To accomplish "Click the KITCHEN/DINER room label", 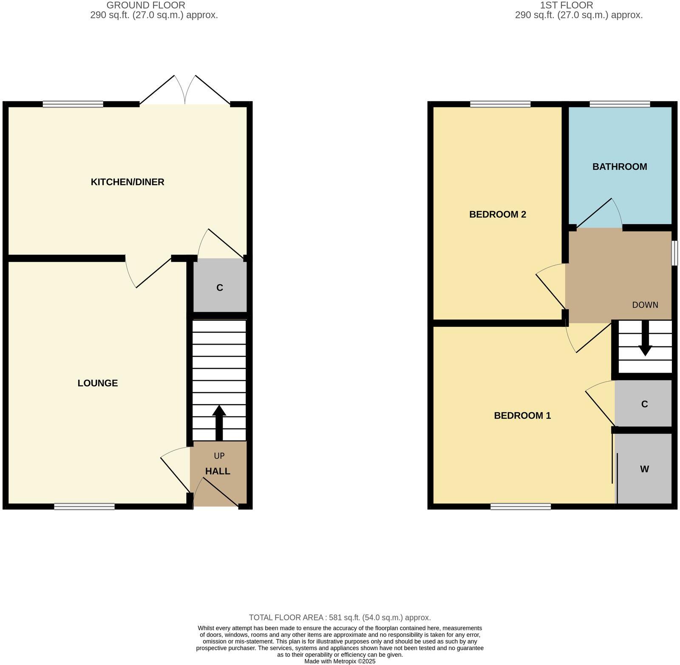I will [127, 182].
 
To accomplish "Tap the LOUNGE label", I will [97, 383].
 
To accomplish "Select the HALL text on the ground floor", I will [218, 471].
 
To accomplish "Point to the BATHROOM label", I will [620, 167].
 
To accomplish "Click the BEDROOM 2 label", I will [498, 214].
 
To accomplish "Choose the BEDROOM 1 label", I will [522, 416].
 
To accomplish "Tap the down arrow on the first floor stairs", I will [645, 339].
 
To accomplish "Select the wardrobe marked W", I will [644, 469].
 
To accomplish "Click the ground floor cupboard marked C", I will [220, 288].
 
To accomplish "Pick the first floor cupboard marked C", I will [644, 404].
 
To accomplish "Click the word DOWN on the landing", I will [645, 305].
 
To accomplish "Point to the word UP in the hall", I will [219, 456].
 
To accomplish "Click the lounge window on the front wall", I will [84, 506].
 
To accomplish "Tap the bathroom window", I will [620, 104].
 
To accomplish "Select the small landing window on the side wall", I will [674, 253].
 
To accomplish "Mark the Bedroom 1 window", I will [521, 506].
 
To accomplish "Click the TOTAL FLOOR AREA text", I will [340, 617].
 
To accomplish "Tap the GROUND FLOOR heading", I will [146, 6].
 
